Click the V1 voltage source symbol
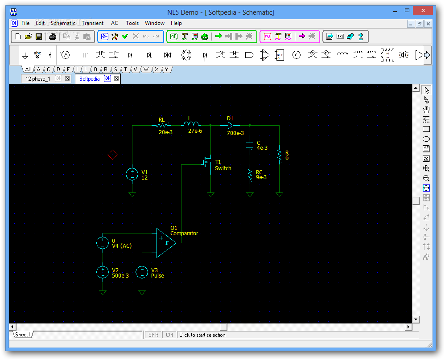point(132,174)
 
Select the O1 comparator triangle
point(166,243)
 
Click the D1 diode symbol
point(231,125)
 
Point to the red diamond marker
point(113,155)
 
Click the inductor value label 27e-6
point(195,131)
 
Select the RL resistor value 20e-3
point(165,132)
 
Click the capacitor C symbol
point(250,145)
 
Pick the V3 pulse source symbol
point(142,272)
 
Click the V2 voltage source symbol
point(103,272)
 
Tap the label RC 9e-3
point(261,175)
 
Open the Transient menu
point(92,23)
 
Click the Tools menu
point(132,23)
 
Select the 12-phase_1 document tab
point(37,79)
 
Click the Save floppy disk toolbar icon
point(39,37)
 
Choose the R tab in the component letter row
point(105,69)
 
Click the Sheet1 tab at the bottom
point(22,335)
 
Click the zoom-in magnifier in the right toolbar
point(426,168)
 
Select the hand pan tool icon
point(426,110)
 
